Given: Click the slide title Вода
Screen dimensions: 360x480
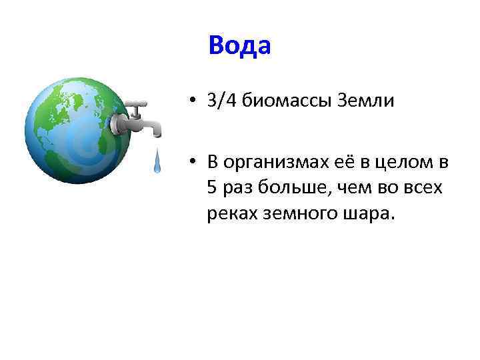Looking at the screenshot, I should (239, 45).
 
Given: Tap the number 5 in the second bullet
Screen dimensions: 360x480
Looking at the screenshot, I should (212, 188).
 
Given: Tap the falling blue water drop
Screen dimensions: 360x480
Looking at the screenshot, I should (157, 161).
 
